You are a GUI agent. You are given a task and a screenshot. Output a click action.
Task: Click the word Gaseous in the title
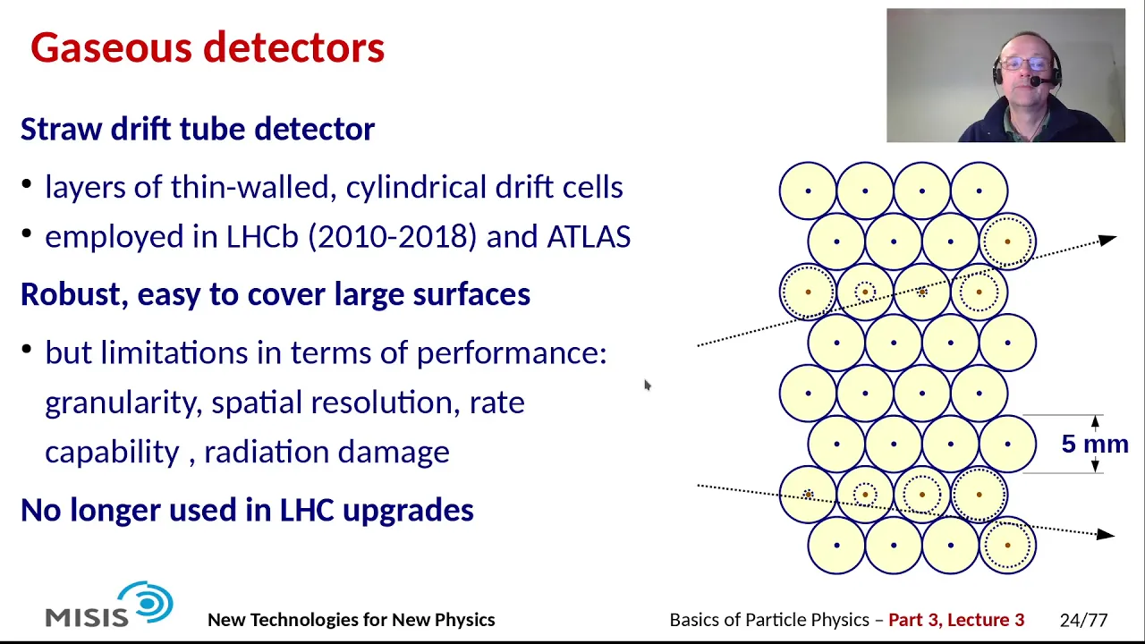pos(111,47)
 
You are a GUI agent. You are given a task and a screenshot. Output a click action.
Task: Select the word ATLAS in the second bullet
pos(589,237)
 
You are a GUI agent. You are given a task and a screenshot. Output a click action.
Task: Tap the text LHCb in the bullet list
pos(262,237)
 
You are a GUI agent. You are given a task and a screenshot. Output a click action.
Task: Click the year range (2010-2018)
pos(392,237)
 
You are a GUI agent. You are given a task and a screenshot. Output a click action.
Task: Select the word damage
pos(394,453)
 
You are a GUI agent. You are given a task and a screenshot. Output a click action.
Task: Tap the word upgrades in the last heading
pos(408,511)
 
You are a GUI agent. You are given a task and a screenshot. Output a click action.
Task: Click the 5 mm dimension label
pos(1095,444)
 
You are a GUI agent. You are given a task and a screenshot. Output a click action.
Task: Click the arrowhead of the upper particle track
pos(1107,240)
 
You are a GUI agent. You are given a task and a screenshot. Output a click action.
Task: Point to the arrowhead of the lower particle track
pos(1106,534)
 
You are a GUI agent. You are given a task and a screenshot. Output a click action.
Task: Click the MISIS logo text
pos(87,617)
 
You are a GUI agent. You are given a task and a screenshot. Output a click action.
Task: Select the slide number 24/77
pos(1083,620)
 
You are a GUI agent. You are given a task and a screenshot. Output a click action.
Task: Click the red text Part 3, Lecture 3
pos(956,620)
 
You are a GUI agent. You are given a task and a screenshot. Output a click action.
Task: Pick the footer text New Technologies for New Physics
pos(352,620)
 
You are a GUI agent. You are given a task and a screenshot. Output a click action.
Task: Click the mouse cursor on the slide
pos(648,385)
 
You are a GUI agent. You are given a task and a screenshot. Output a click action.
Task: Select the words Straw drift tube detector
pos(198,129)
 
